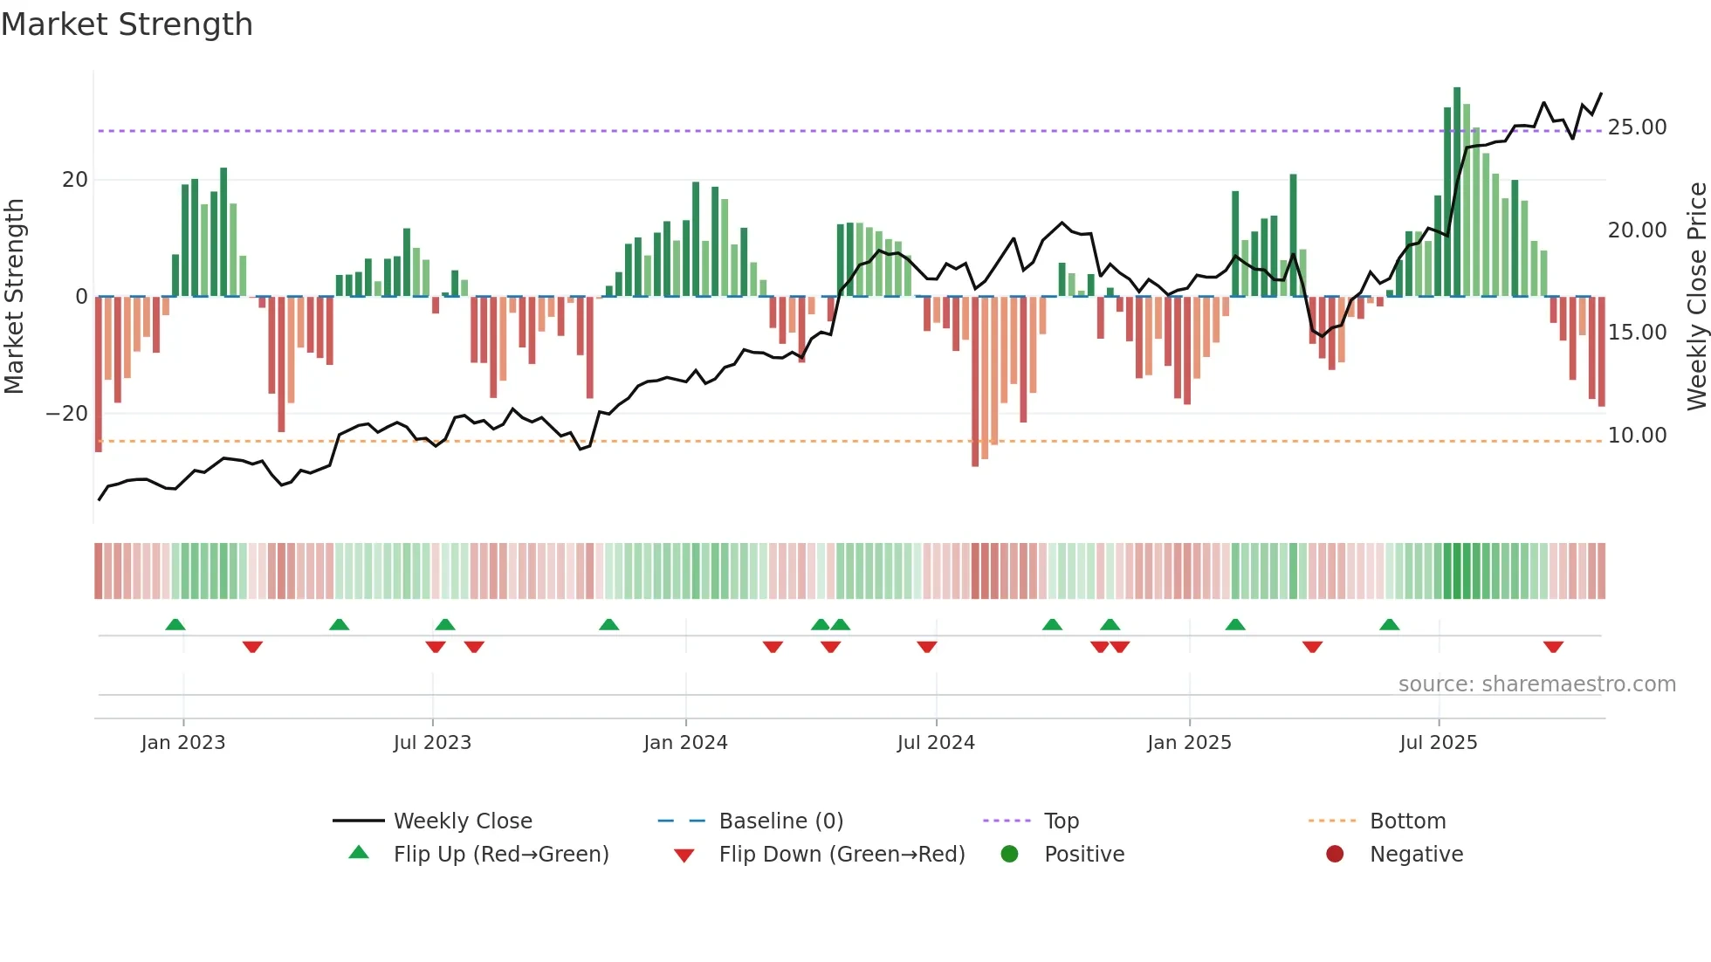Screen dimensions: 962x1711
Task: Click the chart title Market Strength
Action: click(x=127, y=24)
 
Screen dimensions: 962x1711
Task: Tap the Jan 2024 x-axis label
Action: click(x=685, y=743)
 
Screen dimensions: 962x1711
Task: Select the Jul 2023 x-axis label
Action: click(x=432, y=743)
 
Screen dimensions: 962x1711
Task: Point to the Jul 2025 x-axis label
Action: click(x=1438, y=743)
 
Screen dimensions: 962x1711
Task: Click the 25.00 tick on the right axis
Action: click(x=1637, y=127)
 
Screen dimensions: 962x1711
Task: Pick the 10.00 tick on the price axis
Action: click(x=1637, y=436)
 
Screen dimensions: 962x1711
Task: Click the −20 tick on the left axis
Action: click(x=67, y=414)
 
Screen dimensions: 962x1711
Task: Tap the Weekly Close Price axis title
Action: click(x=1696, y=297)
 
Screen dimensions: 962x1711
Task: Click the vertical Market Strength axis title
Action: click(x=14, y=297)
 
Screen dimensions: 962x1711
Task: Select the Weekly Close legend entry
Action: click(x=463, y=821)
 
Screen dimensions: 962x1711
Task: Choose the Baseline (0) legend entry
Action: click(x=780, y=821)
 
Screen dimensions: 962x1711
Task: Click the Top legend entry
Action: click(x=1062, y=821)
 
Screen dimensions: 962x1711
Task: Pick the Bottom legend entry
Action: click(x=1407, y=821)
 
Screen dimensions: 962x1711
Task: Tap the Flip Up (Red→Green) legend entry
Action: click(x=500, y=855)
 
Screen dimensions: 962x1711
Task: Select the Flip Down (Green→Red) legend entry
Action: click(x=842, y=855)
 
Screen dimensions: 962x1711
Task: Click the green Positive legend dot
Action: click(x=1010, y=855)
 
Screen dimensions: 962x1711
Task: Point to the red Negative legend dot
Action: click(x=1335, y=855)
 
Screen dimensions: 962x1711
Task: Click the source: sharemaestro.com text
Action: click(x=1536, y=684)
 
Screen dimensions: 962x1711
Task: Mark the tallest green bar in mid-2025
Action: click(x=1457, y=192)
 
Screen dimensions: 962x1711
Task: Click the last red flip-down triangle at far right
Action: click(x=1553, y=647)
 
